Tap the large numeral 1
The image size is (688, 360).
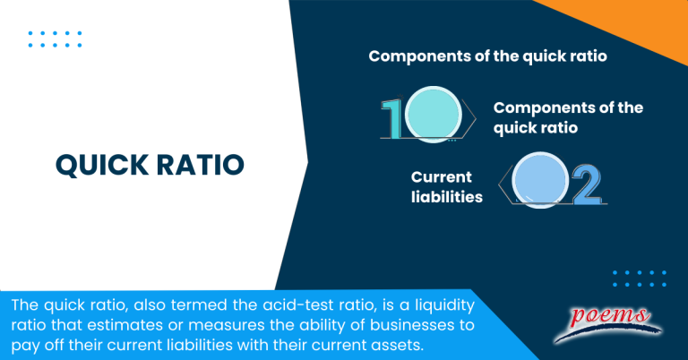pos(391,118)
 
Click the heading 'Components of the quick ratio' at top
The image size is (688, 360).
pos(488,56)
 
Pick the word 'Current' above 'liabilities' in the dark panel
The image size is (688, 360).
pos(442,176)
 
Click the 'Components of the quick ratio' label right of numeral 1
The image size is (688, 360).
pos(568,117)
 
